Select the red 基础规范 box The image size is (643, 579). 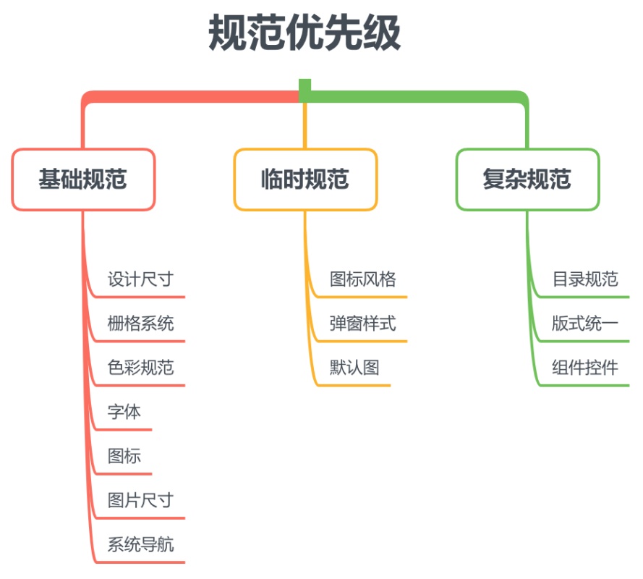coord(83,179)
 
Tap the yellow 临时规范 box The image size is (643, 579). coord(305,179)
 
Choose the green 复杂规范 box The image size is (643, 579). coord(527,179)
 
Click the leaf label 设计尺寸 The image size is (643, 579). coord(140,279)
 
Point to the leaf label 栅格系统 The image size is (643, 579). coord(140,324)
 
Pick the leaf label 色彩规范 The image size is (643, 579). coord(140,368)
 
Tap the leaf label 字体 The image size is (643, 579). coord(124,412)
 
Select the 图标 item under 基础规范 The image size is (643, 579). coord(124,456)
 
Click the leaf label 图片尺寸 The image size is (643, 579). coord(140,500)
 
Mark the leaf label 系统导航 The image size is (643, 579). coord(140,544)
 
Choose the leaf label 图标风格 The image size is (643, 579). coord(363,279)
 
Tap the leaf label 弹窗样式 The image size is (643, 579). coord(363,324)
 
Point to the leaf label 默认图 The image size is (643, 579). coord(354,368)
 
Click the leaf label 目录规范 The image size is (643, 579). coord(585,279)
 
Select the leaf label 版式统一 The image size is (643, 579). coord(585,324)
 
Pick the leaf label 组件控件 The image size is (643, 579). coord(585,368)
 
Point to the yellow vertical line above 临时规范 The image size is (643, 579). coord(305,127)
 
